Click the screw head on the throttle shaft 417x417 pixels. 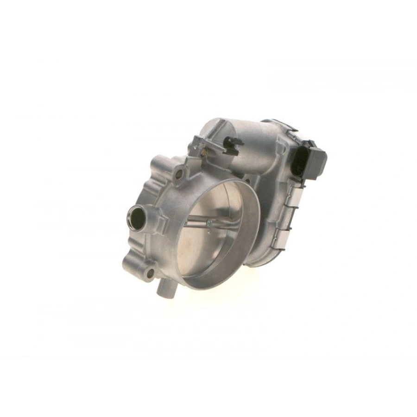click(x=209, y=225)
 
